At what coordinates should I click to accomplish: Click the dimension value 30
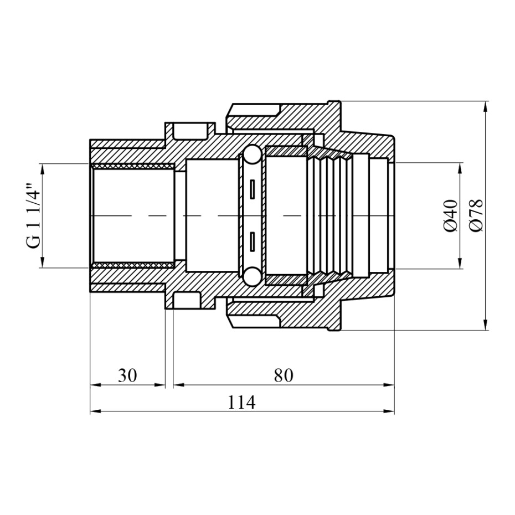[x=127, y=375]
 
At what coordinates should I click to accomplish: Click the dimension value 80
[x=284, y=375]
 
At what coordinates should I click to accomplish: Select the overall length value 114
[x=241, y=402]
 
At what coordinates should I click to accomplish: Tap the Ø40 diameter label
[x=451, y=216]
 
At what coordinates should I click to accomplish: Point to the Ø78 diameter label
[x=477, y=216]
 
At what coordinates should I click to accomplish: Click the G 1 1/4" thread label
[x=34, y=216]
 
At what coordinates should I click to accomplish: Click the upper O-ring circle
[x=253, y=155]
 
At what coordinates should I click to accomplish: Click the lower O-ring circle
[x=253, y=276]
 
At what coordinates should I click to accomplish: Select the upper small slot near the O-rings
[x=253, y=189]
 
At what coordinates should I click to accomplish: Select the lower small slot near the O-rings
[x=253, y=242]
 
